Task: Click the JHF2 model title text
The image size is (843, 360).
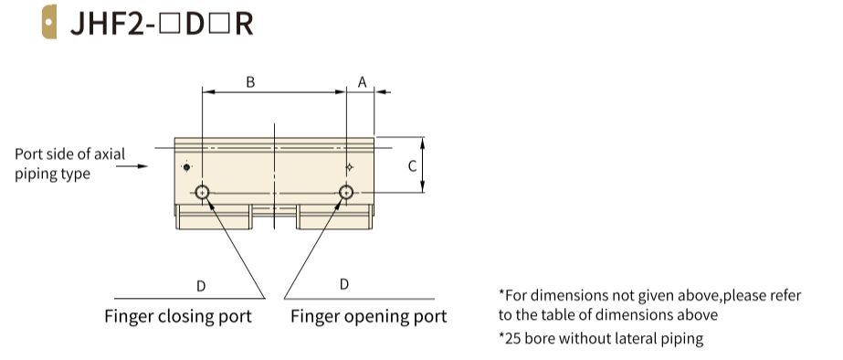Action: point(162,23)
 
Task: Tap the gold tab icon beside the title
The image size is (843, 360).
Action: point(49,22)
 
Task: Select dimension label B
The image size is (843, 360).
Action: point(250,82)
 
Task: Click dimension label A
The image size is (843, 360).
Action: point(363,82)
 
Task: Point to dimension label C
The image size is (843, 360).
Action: point(412,166)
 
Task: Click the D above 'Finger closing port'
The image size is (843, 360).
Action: point(201,286)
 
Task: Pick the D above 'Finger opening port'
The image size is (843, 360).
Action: point(344,284)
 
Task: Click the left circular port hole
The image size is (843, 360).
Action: point(202,192)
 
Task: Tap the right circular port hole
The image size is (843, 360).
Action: point(346,192)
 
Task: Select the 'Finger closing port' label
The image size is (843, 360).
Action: point(178,316)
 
